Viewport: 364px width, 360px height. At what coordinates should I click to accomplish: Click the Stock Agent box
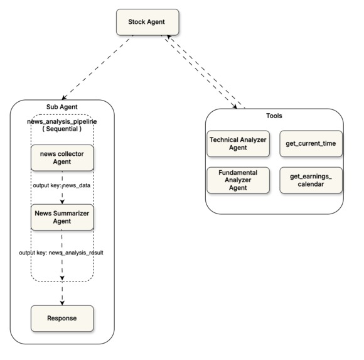click(147, 23)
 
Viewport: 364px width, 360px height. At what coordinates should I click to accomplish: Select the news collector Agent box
click(63, 158)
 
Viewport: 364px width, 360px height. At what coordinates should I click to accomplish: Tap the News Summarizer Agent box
click(63, 217)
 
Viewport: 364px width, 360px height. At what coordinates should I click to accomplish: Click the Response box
click(63, 318)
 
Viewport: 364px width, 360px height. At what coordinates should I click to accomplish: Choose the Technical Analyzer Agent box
click(238, 143)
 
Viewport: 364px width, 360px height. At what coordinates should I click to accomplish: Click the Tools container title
click(274, 116)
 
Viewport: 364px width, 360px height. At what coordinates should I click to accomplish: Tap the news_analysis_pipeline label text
click(62, 120)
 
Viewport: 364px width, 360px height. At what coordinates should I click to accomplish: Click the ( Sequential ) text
click(62, 129)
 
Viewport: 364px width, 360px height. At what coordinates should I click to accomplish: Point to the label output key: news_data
click(62, 187)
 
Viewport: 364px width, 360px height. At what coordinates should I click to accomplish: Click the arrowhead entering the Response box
click(63, 302)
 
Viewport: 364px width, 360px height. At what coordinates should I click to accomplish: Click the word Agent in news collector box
click(63, 163)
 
